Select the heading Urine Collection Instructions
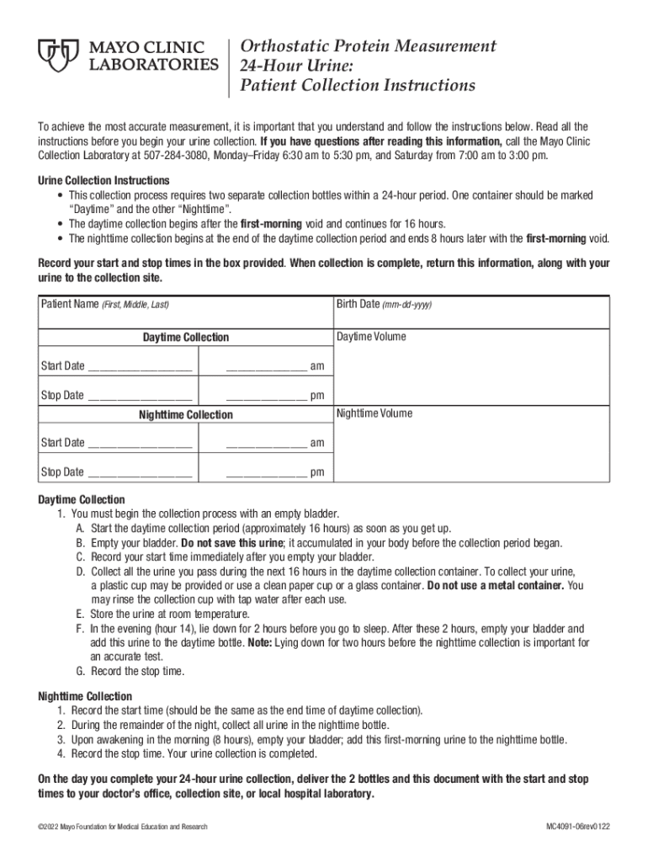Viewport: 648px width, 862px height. pyautogui.click(x=104, y=181)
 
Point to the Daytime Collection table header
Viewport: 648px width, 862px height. pyautogui.click(x=185, y=338)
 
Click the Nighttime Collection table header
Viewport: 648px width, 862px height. pyautogui.click(x=185, y=415)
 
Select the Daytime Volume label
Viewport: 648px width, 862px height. pyautogui.click(x=371, y=337)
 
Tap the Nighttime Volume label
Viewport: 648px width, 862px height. pyautogui.click(x=374, y=414)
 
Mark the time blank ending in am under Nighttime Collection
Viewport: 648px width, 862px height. pyautogui.click(x=266, y=444)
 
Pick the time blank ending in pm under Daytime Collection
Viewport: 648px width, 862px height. pyautogui.click(x=266, y=396)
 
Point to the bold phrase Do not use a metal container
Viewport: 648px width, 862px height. pyautogui.click(x=496, y=584)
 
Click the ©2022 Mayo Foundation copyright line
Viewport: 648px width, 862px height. pyautogui.click(x=123, y=827)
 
